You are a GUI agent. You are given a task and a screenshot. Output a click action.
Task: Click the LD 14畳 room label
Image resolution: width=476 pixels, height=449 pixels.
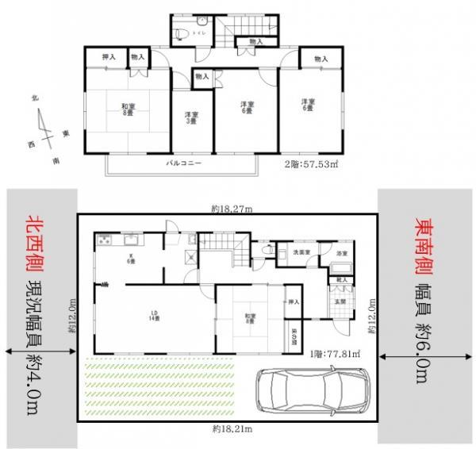point(155,319)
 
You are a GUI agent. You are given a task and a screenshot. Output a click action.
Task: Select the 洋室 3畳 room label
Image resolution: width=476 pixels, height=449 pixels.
point(191,117)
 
